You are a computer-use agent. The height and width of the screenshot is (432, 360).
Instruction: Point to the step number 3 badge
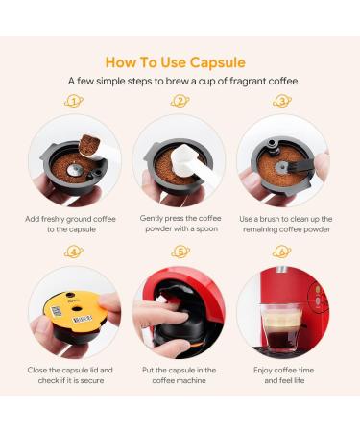tap(282, 101)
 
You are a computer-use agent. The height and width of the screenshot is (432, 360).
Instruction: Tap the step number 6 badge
tap(282, 252)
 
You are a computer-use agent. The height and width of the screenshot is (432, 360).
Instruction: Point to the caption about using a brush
tap(285, 225)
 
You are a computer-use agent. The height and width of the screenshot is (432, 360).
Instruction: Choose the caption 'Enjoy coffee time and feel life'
tap(285, 374)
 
